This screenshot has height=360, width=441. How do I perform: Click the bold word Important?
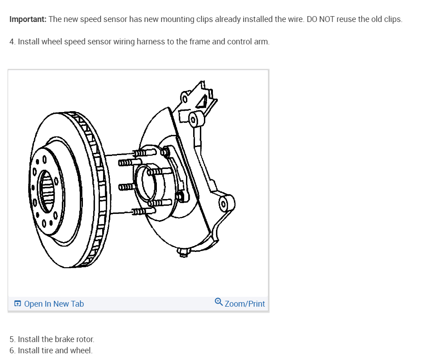tap(28, 20)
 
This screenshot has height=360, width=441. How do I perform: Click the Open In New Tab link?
tap(54, 304)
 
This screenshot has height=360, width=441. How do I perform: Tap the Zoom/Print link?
tap(245, 304)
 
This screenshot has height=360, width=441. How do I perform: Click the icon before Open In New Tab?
tap(17, 304)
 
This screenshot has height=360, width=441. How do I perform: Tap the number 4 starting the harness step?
tap(12, 42)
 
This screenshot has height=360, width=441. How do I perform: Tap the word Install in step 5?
tap(29, 339)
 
